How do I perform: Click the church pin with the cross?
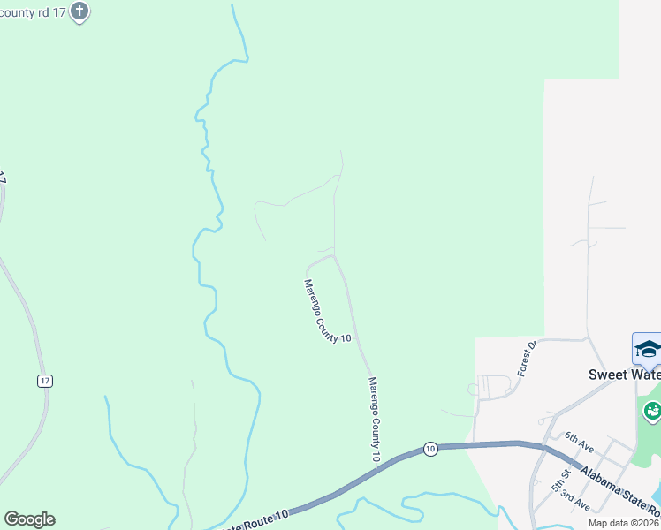point(80,11)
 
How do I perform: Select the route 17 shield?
point(46,381)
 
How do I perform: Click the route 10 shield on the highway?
point(429,448)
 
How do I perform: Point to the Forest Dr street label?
point(528,359)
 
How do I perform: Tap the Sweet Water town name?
point(624,375)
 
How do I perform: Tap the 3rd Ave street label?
point(575,501)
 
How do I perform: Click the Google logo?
point(29,519)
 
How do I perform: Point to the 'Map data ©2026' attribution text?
point(624,522)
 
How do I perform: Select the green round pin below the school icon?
point(652,410)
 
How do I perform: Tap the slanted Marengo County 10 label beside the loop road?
point(327,311)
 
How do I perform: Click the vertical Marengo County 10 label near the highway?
point(373,420)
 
